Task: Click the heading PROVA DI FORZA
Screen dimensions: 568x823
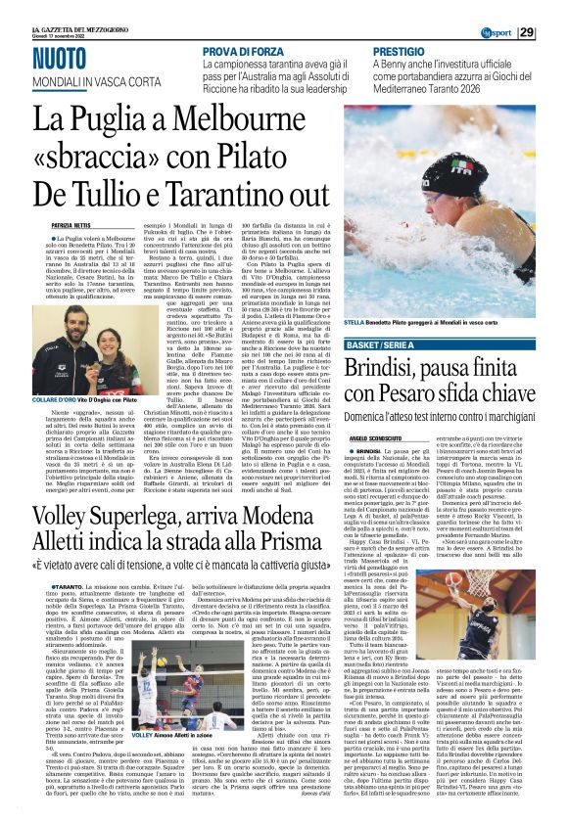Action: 244,50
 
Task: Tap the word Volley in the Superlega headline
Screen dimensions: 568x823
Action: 58,506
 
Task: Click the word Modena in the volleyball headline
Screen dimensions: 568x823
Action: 281,506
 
